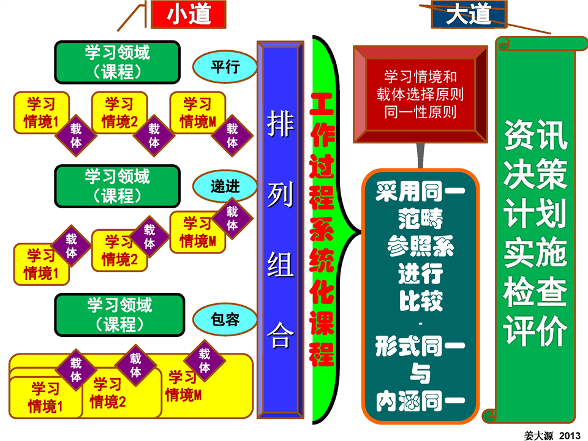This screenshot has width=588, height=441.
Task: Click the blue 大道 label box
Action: coord(469,13)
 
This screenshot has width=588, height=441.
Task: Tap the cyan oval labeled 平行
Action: coord(225,67)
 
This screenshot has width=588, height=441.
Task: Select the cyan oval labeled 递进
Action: coord(225,187)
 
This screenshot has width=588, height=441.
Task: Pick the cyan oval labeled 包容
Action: coord(225,319)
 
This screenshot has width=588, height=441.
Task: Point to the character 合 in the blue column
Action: coord(281,335)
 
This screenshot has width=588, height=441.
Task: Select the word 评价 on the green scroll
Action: coord(536,331)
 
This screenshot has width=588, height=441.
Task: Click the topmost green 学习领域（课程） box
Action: coord(118,62)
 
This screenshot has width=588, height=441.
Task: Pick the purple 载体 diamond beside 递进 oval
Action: coord(232,218)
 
